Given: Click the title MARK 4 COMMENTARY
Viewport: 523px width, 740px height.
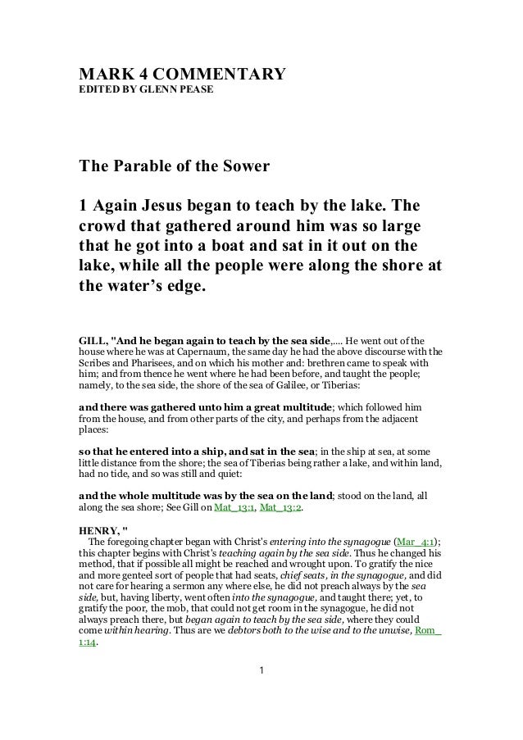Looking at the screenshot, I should [181, 76].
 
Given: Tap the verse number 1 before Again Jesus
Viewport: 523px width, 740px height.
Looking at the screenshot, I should [83, 204].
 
